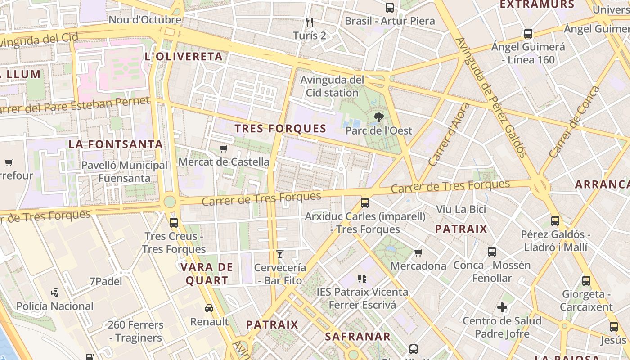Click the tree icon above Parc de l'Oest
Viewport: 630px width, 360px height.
[378, 118]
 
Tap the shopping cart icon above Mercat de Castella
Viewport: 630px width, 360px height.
[223, 148]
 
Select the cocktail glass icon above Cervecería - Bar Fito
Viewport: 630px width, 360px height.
[280, 254]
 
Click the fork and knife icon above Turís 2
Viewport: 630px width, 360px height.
[309, 22]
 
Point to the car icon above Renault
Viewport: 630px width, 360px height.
[209, 308]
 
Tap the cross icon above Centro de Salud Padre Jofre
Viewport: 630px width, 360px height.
[502, 308]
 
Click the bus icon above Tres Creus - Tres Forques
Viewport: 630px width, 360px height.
[174, 222]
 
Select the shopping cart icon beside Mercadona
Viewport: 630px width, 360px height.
[418, 252]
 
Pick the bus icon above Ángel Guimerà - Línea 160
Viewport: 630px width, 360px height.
[528, 34]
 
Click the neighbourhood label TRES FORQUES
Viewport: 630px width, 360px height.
[280, 129]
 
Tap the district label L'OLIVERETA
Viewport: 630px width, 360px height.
[184, 57]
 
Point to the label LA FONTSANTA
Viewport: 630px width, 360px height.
[116, 144]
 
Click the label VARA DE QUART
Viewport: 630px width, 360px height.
[207, 274]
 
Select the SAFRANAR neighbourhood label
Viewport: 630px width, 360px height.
[358, 337]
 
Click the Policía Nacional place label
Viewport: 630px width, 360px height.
[55, 306]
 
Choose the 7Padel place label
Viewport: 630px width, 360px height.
[106, 282]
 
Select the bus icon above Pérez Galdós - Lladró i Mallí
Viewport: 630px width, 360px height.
[555, 221]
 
